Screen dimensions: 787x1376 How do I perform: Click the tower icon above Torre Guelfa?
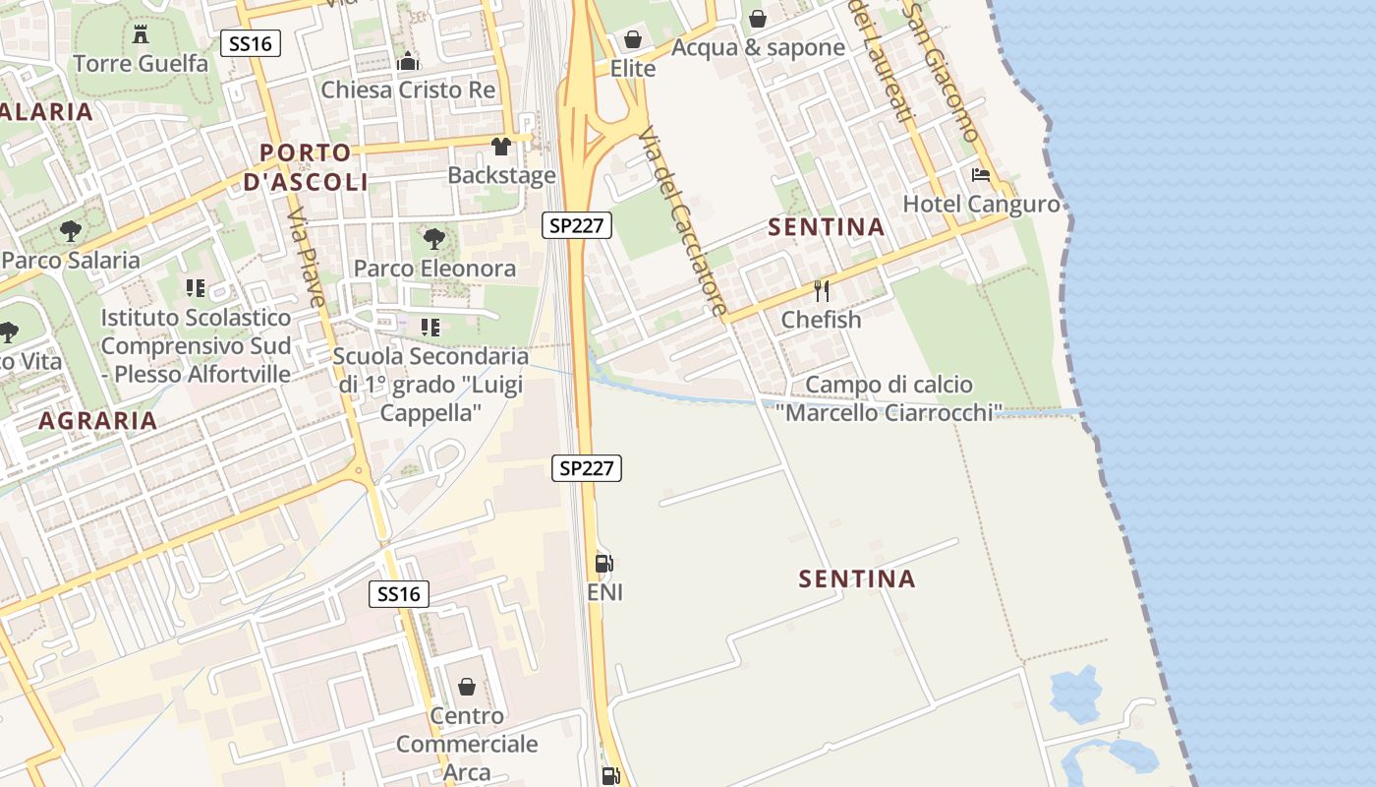click(x=141, y=34)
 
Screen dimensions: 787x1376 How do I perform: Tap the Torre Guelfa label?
click(x=141, y=64)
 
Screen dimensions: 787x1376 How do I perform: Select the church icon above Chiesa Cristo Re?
click(x=408, y=61)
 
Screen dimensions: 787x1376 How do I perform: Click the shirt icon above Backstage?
click(x=501, y=148)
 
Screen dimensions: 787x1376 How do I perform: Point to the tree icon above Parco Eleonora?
click(x=433, y=239)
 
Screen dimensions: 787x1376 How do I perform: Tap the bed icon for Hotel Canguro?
click(x=980, y=176)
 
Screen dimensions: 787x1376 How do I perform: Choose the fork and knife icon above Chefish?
click(x=822, y=291)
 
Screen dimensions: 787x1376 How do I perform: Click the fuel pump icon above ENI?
click(x=604, y=564)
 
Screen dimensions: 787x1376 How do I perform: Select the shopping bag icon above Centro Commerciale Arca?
click(x=467, y=686)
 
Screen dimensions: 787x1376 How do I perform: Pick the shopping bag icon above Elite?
click(x=633, y=40)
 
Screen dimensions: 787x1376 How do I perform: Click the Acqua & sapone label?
click(x=758, y=47)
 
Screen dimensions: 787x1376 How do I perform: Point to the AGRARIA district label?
click(x=97, y=421)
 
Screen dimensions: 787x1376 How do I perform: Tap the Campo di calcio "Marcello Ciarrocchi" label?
click(x=889, y=398)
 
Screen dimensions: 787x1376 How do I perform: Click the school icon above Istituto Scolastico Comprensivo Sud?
click(x=195, y=288)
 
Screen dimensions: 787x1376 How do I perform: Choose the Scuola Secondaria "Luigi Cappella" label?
click(x=430, y=384)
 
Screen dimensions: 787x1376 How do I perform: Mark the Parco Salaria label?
click(x=71, y=261)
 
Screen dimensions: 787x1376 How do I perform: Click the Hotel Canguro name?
click(x=981, y=204)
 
